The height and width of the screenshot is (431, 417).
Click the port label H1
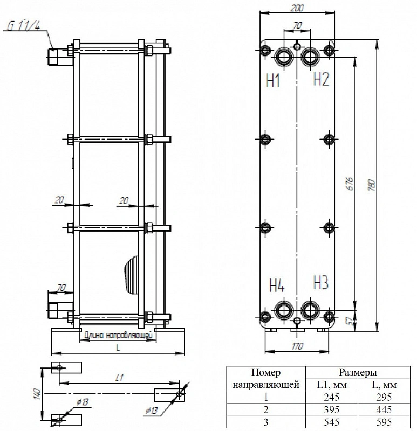pos(273,80)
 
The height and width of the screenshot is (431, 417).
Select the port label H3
pos(321,282)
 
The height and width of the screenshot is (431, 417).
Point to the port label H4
pos(277,285)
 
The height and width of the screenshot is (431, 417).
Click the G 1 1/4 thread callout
pos(24,26)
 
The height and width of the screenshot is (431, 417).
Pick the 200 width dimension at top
pos(297,8)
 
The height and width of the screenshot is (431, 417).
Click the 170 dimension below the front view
pos(297,346)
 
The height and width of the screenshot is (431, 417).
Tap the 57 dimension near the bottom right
pos(351,321)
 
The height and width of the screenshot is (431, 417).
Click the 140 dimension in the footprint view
pos(38,394)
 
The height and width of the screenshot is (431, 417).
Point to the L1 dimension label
pos(119,378)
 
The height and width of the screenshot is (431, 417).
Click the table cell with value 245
pos(331,397)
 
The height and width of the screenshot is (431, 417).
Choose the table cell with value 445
pos(384,409)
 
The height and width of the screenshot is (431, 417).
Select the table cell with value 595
pos(384,422)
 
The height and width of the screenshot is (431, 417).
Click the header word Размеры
pos(358,372)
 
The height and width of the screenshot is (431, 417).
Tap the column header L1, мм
pos(331,385)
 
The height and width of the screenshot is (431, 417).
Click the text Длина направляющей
pos(118,335)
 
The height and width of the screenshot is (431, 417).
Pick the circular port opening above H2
pos(310,57)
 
